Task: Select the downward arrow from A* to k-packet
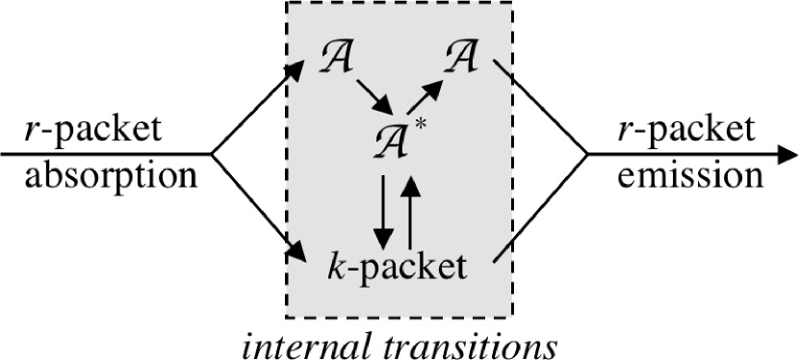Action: [383, 208]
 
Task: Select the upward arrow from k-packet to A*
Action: [411, 208]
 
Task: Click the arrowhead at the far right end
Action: [786, 154]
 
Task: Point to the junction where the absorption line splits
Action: [212, 154]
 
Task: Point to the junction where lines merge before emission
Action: [586, 154]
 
